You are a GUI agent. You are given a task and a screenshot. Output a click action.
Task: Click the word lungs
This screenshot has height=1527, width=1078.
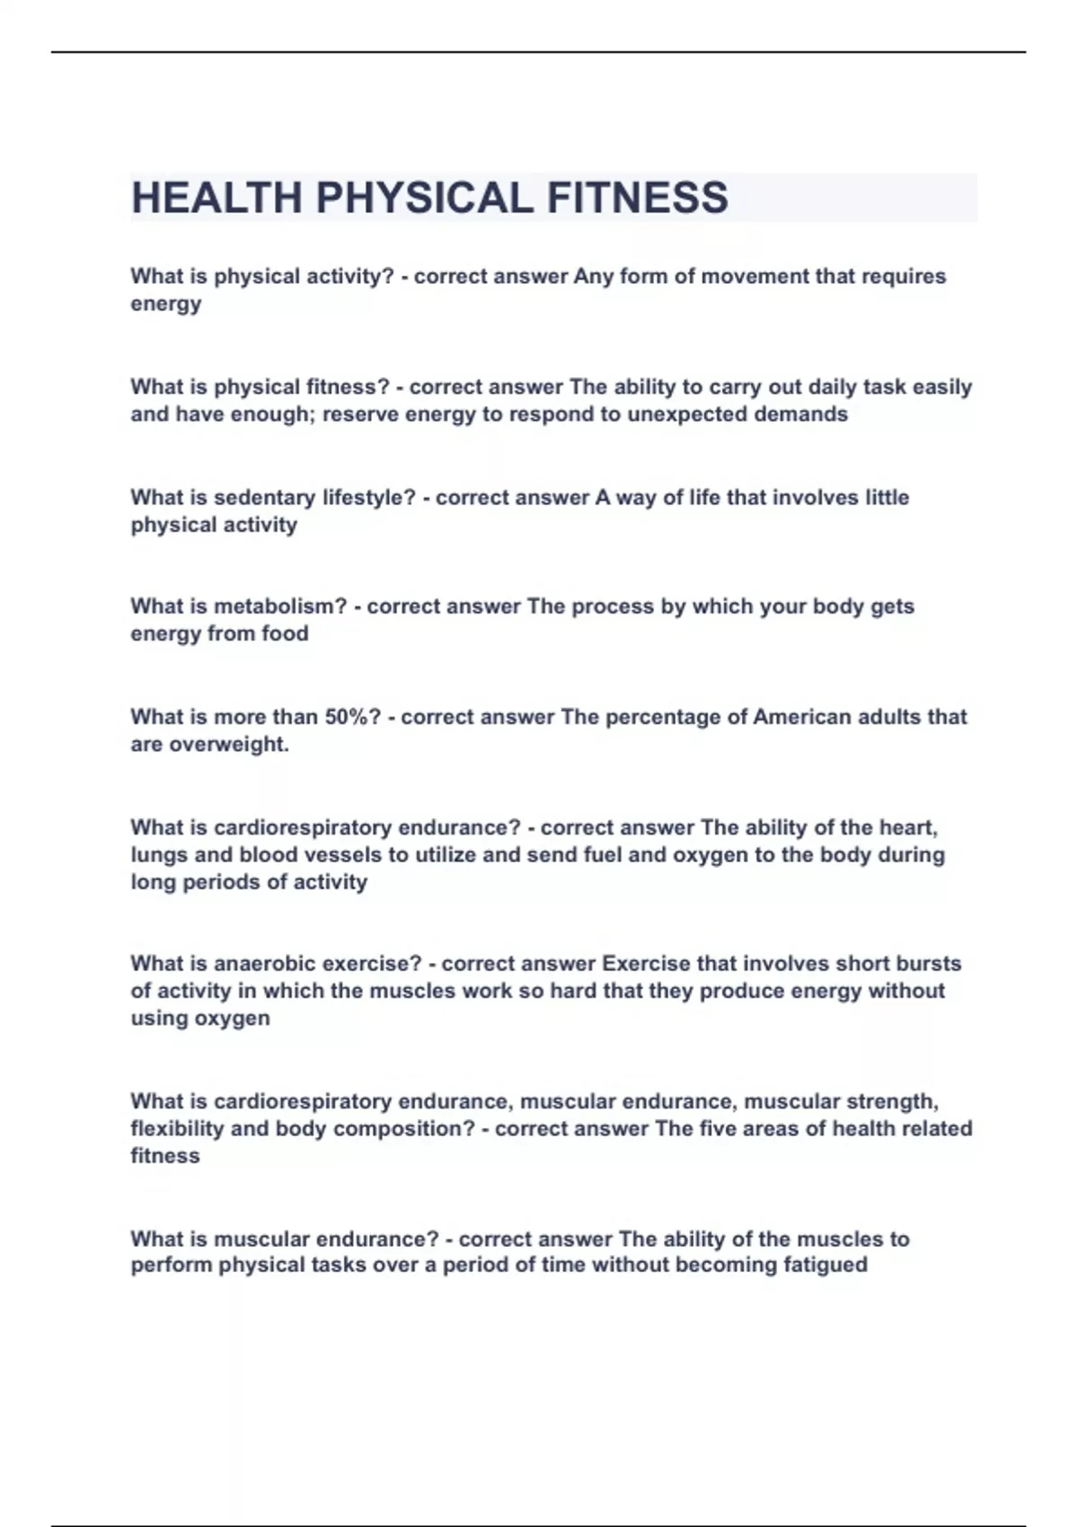(159, 855)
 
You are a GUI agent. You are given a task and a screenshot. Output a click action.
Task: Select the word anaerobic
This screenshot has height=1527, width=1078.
(265, 964)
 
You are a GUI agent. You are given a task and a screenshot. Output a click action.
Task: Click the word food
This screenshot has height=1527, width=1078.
(285, 634)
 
